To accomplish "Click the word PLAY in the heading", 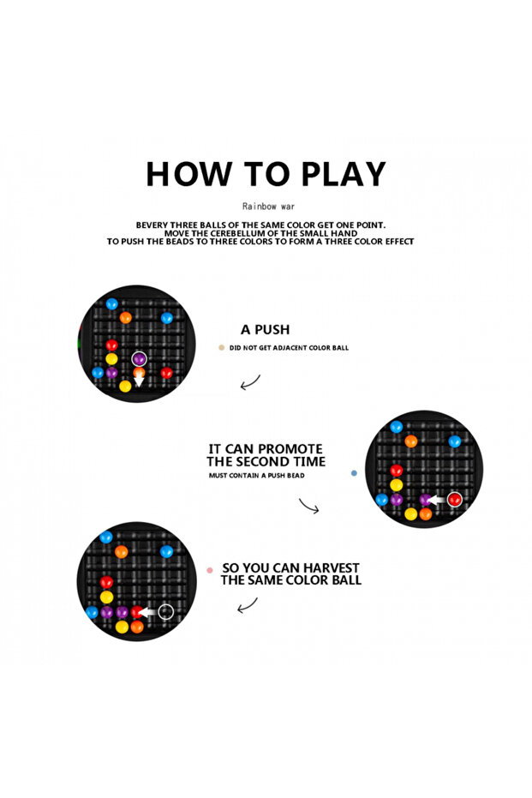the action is tap(344, 174).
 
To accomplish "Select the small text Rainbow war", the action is tap(268, 206).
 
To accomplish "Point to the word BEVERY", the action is tap(152, 225).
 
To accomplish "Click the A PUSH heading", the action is tap(265, 330).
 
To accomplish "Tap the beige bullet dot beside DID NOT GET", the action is tap(221, 348).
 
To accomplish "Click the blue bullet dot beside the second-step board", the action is tap(354, 473).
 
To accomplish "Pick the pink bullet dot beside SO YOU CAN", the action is tap(210, 570).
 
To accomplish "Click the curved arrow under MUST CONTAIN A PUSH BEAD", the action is tap(308, 507).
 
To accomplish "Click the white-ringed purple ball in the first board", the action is tap(139, 359).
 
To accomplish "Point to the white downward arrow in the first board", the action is tap(139, 381).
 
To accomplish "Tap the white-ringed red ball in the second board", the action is tap(455, 499).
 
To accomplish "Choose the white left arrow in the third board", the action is tap(148, 612).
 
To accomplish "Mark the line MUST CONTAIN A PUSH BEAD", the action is tap(256, 476).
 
